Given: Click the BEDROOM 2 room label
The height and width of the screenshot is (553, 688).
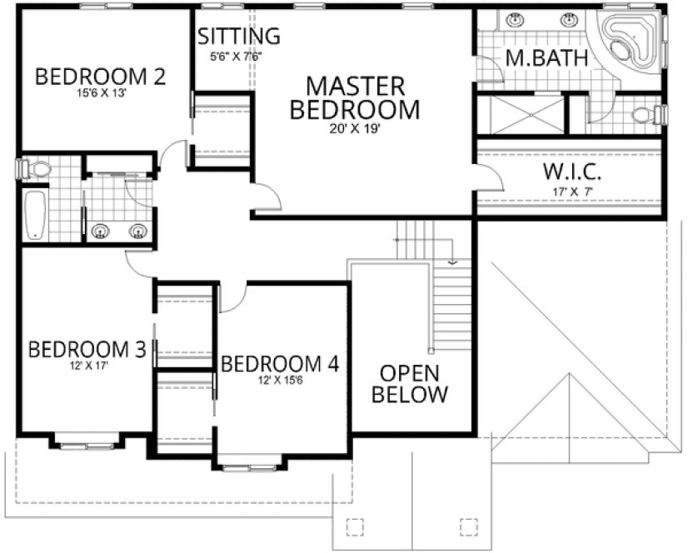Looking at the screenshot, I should pyautogui.click(x=100, y=77).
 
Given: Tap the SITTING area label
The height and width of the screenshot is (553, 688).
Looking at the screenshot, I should pyautogui.click(x=238, y=37).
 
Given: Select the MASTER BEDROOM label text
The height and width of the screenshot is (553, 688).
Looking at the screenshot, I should pyautogui.click(x=356, y=97).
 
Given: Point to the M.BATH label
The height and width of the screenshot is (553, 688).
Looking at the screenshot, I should pyautogui.click(x=547, y=58).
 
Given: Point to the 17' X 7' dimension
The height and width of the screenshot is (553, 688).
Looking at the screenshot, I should pyautogui.click(x=572, y=192).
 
